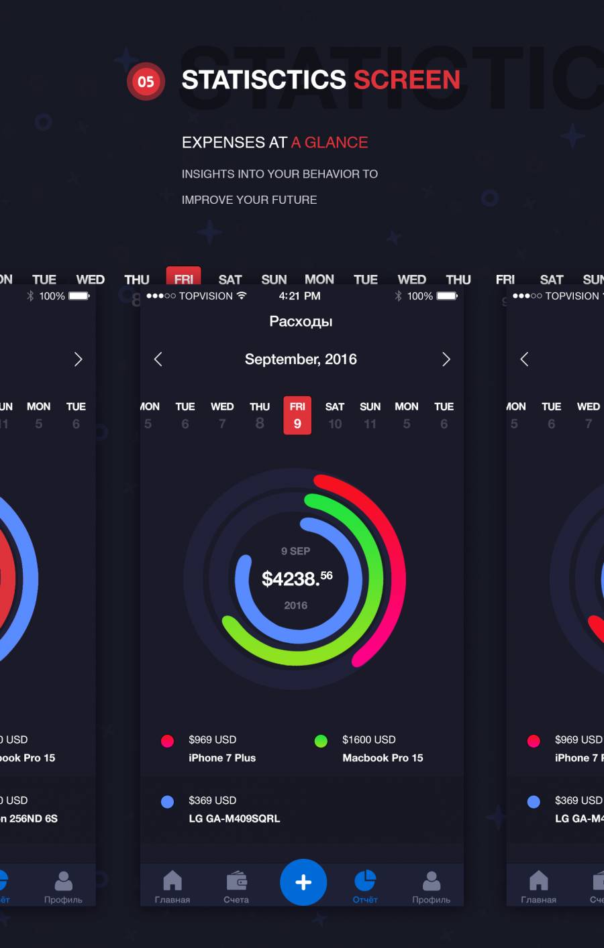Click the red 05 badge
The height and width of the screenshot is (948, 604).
[146, 82]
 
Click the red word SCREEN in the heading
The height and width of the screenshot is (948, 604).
[407, 80]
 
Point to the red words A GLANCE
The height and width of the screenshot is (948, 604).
[330, 142]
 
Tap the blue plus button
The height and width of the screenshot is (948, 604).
[303, 882]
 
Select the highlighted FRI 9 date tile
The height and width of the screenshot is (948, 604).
[297, 415]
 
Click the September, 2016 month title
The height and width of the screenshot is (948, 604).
[301, 359]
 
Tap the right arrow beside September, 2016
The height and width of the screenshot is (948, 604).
[446, 359]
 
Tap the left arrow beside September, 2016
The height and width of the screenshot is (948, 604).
[158, 359]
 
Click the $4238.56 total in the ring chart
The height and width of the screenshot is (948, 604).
[297, 578]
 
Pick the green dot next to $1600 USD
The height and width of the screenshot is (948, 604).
[321, 741]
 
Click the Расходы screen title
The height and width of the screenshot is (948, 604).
[301, 321]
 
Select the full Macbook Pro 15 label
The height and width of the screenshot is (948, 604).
[383, 758]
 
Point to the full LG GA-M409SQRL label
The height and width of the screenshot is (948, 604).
[234, 819]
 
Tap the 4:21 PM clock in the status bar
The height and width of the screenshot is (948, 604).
[299, 296]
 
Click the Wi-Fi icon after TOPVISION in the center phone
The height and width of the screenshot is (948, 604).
[242, 296]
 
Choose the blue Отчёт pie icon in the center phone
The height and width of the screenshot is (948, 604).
[365, 880]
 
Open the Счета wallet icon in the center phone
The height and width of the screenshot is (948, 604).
[236, 880]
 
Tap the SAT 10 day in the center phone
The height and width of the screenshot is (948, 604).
[335, 416]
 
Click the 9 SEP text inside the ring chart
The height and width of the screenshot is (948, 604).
[295, 551]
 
